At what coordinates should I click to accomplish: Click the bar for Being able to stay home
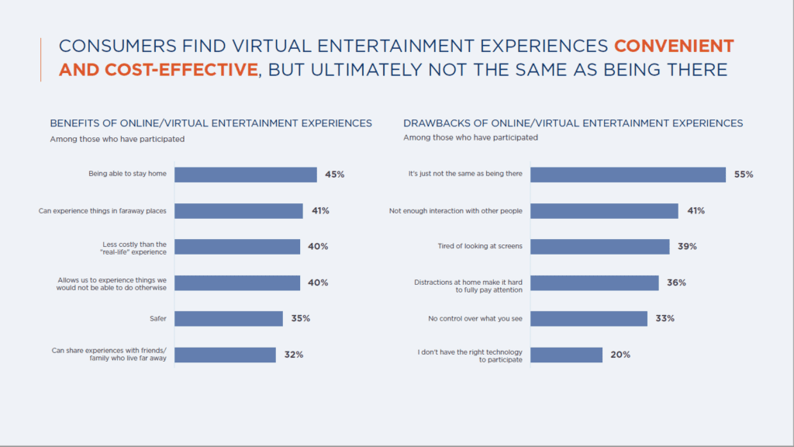[x=245, y=175]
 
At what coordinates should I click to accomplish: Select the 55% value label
[x=744, y=175]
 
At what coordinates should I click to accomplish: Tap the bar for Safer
[x=228, y=318]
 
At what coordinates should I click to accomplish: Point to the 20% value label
[x=620, y=355]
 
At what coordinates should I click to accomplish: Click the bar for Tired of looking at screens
[x=599, y=247]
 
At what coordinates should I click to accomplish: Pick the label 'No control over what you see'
[x=476, y=318]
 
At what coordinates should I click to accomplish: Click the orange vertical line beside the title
[x=40, y=59]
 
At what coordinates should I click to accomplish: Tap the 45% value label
[x=334, y=175]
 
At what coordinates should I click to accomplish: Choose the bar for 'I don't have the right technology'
[x=566, y=355]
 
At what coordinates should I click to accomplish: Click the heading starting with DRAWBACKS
[x=573, y=123]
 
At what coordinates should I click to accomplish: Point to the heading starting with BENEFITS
[x=211, y=123]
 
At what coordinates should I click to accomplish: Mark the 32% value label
[x=293, y=355]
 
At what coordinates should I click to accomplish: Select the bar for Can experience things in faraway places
[x=238, y=211]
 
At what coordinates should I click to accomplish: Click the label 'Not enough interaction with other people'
[x=456, y=211]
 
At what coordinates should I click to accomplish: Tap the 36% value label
[x=676, y=282]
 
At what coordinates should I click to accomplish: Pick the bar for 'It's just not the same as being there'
[x=627, y=175]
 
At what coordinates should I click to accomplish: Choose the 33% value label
[x=665, y=318]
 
